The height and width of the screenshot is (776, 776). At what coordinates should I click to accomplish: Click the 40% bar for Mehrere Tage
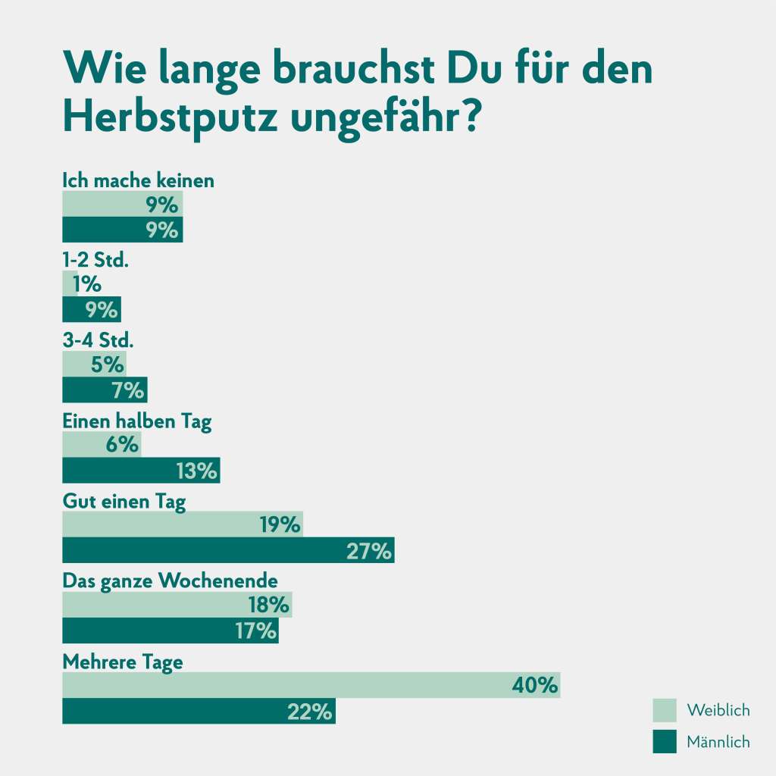tap(311, 685)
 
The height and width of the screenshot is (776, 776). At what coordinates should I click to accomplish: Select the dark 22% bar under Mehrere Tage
tap(199, 712)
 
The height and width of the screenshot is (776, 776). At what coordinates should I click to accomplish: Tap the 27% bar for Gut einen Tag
tap(227, 551)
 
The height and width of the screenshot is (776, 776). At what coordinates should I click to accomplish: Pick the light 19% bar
tap(182, 524)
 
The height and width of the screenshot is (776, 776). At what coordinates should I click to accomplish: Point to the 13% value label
tap(196, 471)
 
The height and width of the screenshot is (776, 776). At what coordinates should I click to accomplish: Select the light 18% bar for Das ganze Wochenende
tap(177, 605)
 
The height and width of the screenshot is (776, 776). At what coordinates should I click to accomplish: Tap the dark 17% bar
tap(170, 630)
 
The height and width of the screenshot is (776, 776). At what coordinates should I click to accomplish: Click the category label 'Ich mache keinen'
tap(138, 181)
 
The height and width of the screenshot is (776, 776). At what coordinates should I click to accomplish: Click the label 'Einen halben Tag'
tap(136, 422)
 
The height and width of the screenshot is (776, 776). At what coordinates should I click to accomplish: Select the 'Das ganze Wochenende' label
tap(170, 581)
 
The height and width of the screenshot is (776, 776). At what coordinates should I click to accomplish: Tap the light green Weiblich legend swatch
tap(665, 710)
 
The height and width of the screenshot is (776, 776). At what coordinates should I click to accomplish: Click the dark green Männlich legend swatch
tap(665, 742)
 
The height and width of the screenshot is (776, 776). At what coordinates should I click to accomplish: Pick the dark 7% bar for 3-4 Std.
tap(105, 390)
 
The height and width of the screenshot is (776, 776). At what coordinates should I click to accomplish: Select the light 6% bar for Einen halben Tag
tap(101, 444)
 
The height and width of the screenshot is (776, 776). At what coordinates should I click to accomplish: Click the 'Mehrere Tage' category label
tap(123, 662)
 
